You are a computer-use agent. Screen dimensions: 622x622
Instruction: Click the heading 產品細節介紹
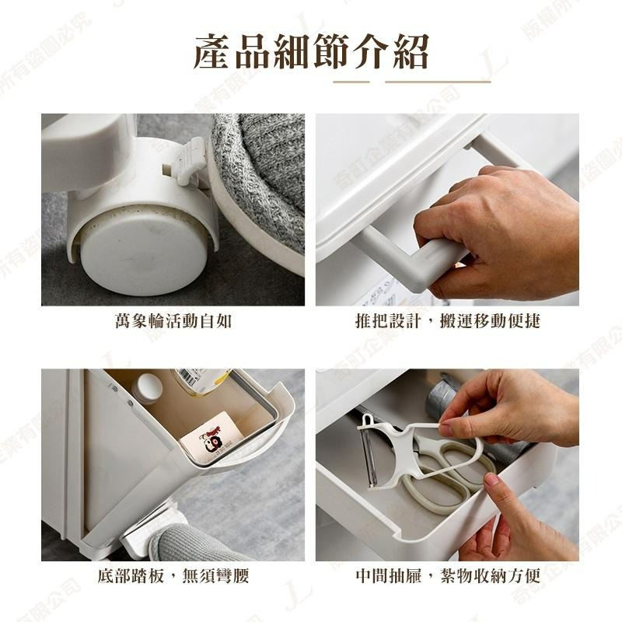(311, 52)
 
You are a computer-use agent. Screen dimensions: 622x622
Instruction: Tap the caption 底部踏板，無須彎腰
(173, 576)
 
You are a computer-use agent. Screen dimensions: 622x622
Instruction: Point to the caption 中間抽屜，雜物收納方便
(447, 576)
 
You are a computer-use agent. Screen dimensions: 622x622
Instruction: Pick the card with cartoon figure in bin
(208, 436)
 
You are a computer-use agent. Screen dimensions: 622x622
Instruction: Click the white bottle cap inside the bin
(147, 387)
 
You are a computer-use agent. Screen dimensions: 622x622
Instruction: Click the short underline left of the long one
(351, 81)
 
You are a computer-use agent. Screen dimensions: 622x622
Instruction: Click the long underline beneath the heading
(438, 81)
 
